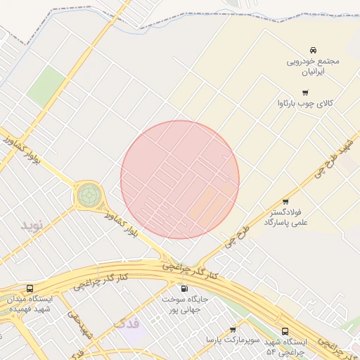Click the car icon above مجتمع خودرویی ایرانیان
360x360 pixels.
point(313,50)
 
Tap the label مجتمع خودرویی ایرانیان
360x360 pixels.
point(312,66)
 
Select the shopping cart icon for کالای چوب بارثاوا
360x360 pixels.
point(304,92)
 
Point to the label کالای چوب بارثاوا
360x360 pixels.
point(305,104)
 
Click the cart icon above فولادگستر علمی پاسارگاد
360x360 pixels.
point(285,201)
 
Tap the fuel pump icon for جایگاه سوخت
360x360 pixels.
point(185,288)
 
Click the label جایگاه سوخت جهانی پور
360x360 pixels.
point(184,304)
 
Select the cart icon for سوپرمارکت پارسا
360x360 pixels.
point(233,329)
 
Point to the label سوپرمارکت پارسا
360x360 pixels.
point(233,340)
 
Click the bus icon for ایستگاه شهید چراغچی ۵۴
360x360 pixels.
point(285,331)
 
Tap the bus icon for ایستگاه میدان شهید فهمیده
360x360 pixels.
point(30,288)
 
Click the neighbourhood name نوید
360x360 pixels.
point(32,225)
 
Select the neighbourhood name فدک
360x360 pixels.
point(127,323)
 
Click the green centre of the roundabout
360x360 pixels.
point(89,195)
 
